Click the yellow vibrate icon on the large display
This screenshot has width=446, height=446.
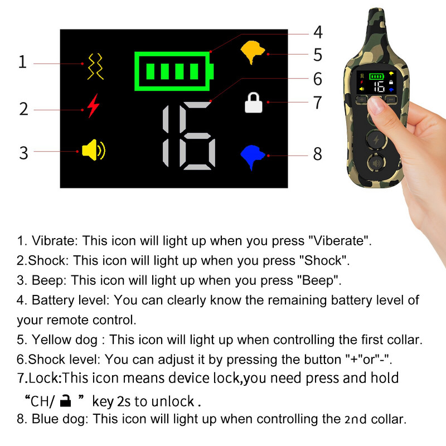pos(95,66)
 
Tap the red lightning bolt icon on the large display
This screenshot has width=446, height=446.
pos(93,106)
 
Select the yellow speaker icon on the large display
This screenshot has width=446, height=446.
pos(94,150)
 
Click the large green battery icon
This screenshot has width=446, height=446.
pos(174,71)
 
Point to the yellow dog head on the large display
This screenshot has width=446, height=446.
pos(253,52)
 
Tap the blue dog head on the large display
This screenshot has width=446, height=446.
pos(253,156)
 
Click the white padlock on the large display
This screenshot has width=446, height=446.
pos(254,103)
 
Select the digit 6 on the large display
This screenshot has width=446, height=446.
pos(197,135)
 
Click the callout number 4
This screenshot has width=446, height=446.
pos(318,32)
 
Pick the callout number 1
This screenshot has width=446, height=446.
pos(23,62)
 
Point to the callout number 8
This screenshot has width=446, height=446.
pos(318,154)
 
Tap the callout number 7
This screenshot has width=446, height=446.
pos(318,103)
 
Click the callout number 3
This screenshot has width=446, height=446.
pos(23,153)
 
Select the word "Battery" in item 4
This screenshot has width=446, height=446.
pos(51,300)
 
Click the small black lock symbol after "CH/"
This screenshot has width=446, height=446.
pos(66,400)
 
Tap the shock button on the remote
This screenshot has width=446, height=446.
pos(376,140)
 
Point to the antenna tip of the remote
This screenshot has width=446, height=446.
pos(376,10)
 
